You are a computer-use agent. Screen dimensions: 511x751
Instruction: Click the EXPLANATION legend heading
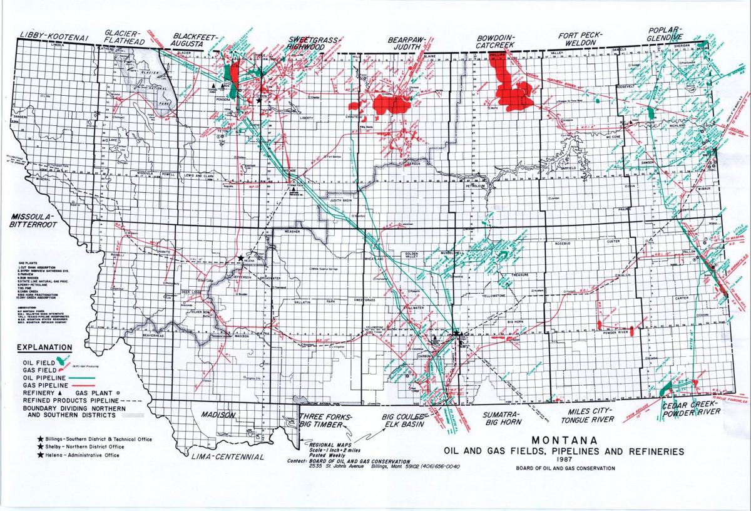pyautogui.click(x=44, y=348)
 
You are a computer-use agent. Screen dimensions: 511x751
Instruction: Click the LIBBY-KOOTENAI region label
pyautogui.click(x=56, y=38)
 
